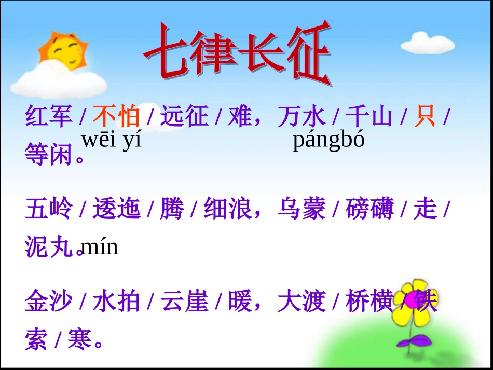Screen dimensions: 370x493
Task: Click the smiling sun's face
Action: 64,52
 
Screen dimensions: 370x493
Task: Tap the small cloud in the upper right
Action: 428,43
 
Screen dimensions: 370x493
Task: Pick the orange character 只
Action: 424,116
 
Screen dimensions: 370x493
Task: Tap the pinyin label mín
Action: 100,247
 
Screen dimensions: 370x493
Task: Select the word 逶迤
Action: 117,209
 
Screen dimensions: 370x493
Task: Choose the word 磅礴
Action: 370,209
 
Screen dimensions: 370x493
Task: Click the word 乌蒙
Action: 302,209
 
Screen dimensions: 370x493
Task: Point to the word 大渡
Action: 302,302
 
